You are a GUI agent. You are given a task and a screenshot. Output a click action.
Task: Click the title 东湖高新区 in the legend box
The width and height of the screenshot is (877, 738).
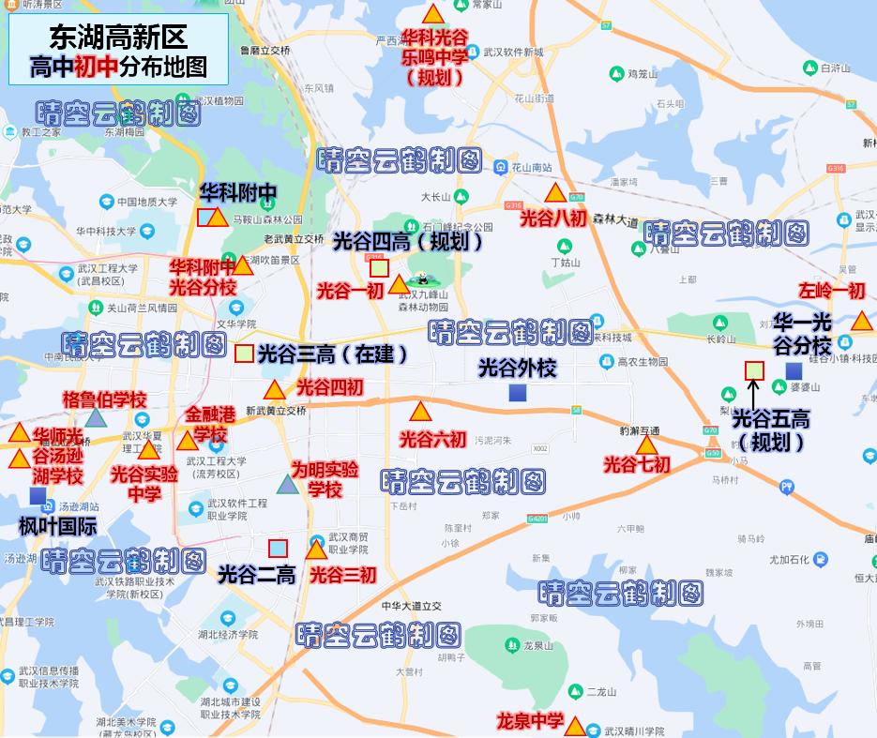click(118, 37)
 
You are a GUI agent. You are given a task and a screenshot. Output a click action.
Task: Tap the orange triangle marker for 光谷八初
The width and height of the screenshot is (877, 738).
click(554, 194)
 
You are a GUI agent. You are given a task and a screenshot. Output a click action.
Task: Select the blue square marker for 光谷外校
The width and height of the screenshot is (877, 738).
click(517, 393)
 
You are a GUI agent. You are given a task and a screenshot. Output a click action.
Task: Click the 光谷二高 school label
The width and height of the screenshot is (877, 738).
click(256, 574)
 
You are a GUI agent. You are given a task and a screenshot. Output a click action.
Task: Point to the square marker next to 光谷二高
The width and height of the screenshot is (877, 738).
click(279, 549)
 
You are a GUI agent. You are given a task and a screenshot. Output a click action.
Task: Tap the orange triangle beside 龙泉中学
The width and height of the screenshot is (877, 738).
click(575, 726)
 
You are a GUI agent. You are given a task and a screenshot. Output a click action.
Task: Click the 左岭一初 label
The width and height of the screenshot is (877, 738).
click(831, 291)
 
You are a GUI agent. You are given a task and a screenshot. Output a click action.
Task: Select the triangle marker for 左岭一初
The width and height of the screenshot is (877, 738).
click(861, 322)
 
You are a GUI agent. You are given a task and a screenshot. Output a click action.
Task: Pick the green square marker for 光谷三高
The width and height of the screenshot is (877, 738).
click(243, 354)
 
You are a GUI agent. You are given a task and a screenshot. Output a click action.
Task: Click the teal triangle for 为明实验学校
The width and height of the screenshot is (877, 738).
click(287, 485)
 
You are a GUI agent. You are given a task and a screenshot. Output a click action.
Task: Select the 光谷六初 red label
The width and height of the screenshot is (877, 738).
click(432, 439)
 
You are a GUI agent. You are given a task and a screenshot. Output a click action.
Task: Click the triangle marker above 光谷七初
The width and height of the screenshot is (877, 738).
click(645, 444)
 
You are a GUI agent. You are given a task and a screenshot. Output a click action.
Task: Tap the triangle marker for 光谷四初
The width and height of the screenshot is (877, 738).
click(275, 391)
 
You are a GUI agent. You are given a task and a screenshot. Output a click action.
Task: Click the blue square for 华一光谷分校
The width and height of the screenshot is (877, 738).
click(794, 371)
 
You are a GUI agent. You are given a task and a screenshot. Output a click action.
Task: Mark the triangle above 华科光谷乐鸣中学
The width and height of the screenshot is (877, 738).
click(433, 15)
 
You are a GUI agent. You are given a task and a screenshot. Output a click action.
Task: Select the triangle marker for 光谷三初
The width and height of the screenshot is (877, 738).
click(316, 550)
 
